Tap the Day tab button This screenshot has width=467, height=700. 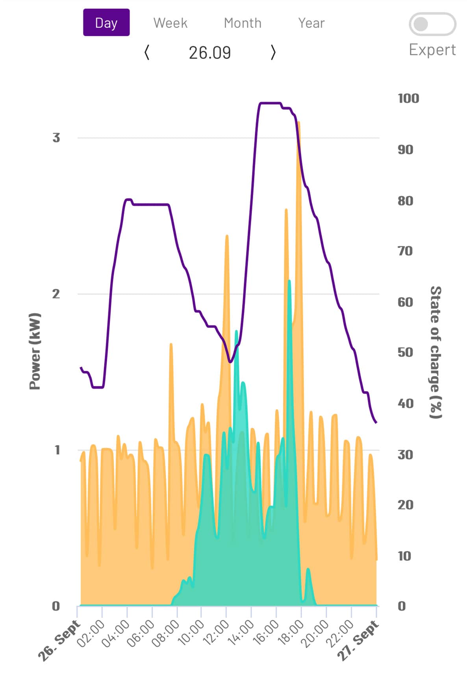[x=106, y=23]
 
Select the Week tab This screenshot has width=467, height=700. [x=170, y=23]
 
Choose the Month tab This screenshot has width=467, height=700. [x=242, y=23]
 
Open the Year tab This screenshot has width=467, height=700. [x=311, y=23]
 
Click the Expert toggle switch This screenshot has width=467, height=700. [x=432, y=24]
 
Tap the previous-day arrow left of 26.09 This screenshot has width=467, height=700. [x=147, y=52]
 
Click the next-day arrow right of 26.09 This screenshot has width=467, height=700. [x=273, y=52]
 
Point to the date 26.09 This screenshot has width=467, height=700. [x=209, y=52]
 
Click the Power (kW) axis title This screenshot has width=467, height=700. [x=35, y=351]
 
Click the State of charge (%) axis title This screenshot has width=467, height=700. [x=435, y=352]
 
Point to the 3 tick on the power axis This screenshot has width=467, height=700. [x=56, y=138]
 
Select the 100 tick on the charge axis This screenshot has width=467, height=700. [x=408, y=98]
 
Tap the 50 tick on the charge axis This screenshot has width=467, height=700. [x=405, y=352]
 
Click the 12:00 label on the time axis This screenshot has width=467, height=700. [x=216, y=632]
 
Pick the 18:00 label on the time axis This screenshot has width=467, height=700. [x=291, y=632]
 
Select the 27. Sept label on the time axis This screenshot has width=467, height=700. [x=358, y=640]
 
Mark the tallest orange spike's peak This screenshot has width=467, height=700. [x=299, y=123]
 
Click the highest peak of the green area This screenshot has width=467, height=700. [x=289, y=281]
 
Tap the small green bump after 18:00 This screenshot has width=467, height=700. [x=308, y=570]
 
